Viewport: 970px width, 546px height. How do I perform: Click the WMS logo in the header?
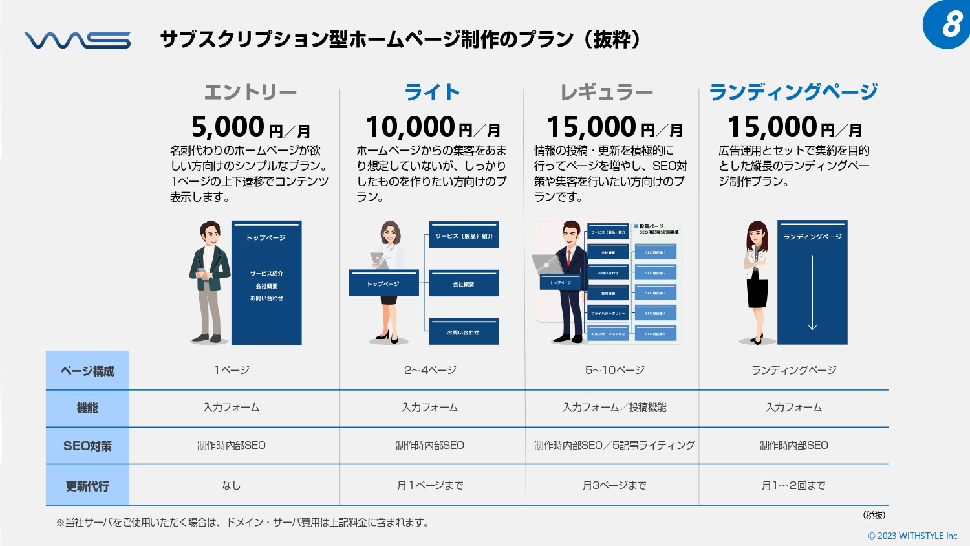click(x=78, y=40)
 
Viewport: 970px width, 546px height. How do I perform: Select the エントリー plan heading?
click(x=250, y=93)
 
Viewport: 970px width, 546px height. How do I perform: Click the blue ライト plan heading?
click(x=432, y=93)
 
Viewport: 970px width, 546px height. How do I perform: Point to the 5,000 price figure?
click(x=228, y=127)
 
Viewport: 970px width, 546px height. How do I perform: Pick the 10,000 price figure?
click(x=411, y=127)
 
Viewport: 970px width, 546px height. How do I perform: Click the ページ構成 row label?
click(x=87, y=371)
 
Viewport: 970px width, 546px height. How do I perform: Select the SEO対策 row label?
click(x=87, y=446)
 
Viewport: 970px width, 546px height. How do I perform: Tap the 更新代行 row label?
click(x=87, y=486)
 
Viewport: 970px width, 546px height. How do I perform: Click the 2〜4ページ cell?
click(x=430, y=370)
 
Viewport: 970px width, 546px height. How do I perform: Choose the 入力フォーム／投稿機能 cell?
click(x=614, y=408)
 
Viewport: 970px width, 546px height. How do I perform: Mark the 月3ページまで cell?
click(x=614, y=485)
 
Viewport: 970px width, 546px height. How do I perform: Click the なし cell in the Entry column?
click(x=231, y=485)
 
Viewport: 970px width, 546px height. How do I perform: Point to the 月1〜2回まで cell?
click(x=793, y=485)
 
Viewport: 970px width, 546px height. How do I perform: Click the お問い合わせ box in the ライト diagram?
click(x=464, y=332)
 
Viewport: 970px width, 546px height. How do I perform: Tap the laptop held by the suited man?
click(x=546, y=264)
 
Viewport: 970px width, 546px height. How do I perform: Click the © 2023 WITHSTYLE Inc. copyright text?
click(x=913, y=536)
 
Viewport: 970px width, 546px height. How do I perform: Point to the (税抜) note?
click(x=874, y=515)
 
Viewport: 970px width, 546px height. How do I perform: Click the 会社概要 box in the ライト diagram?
click(x=464, y=283)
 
